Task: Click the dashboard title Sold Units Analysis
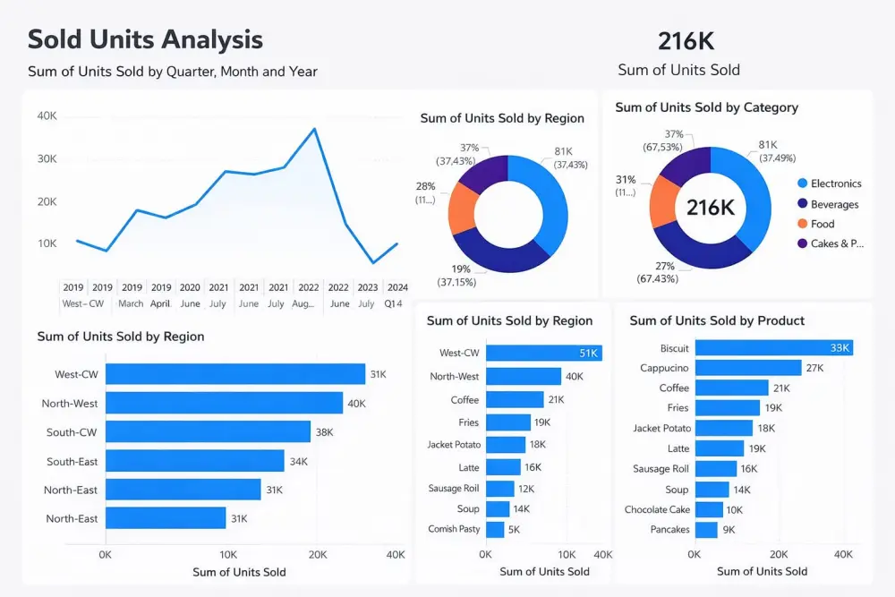tap(145, 40)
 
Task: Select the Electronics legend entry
tap(835, 183)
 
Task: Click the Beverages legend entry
tap(834, 204)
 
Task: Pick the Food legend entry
tap(822, 224)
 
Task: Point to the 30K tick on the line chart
tap(47, 158)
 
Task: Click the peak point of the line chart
tap(314, 129)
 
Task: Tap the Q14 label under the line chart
tap(394, 303)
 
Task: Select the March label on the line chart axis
tap(131, 303)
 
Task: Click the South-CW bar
tap(208, 431)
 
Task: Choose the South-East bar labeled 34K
tap(194, 461)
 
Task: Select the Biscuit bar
tap(773, 347)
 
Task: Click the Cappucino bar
tap(748, 368)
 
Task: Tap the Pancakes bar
tap(706, 530)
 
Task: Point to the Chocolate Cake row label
tap(657, 509)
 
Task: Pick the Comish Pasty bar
tap(495, 529)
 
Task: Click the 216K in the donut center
tap(710, 208)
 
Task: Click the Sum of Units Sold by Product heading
tap(717, 320)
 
